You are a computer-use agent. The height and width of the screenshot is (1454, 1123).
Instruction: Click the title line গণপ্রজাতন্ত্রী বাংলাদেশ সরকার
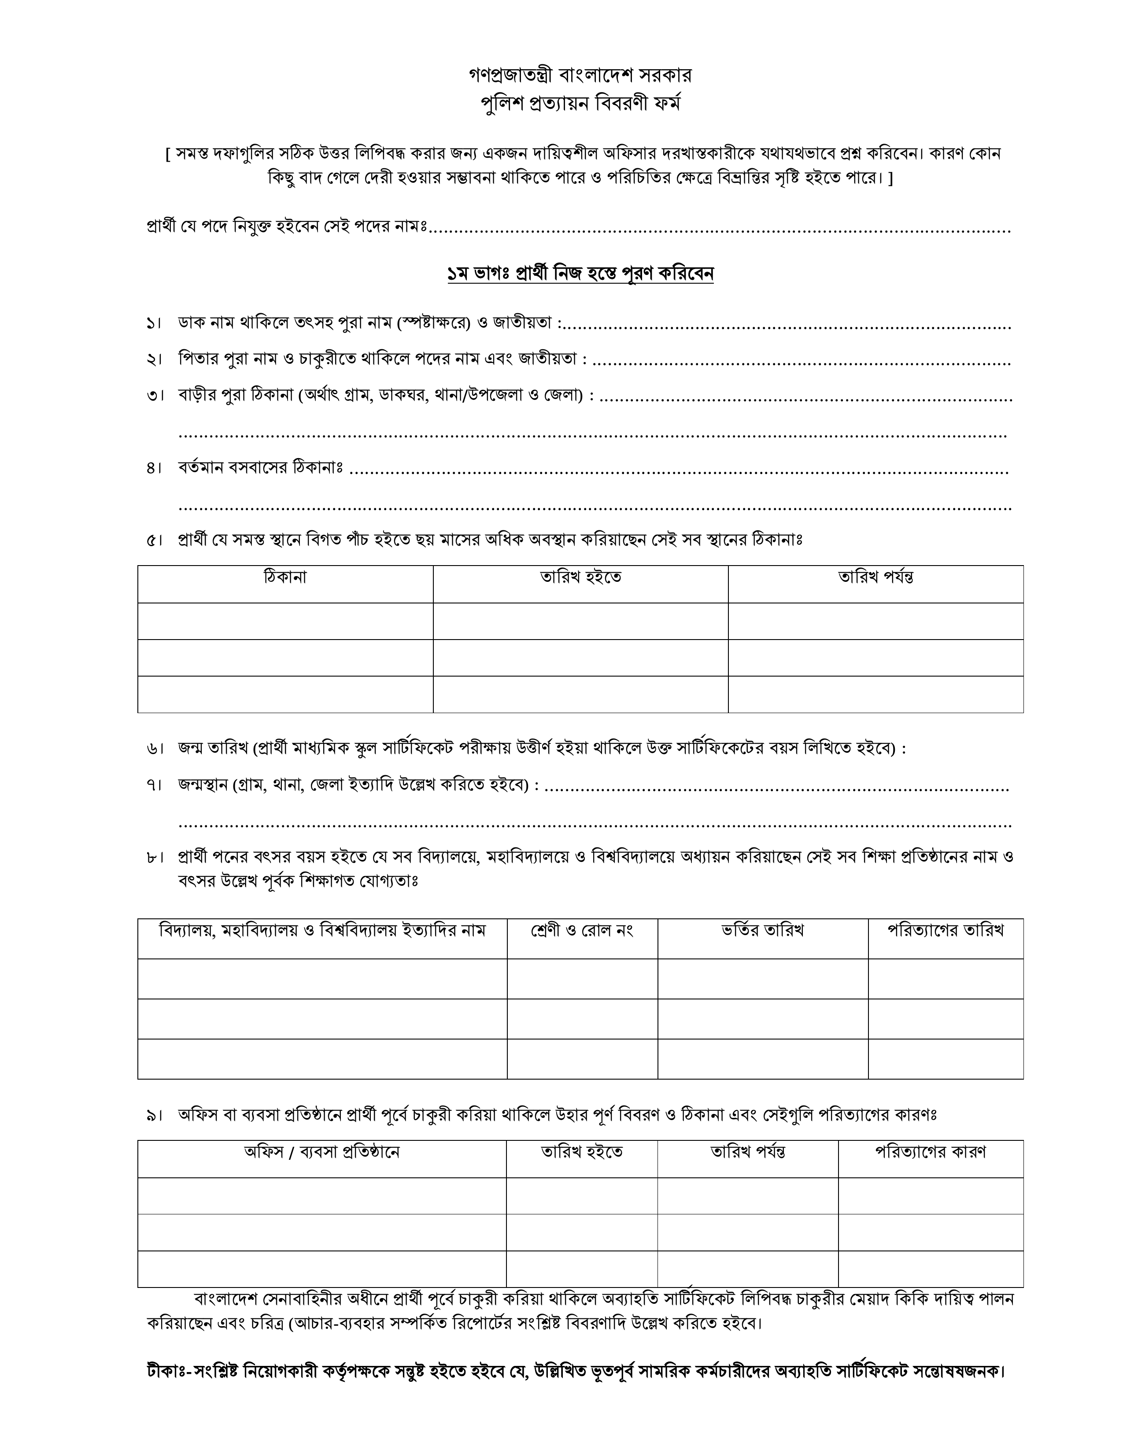click(x=580, y=74)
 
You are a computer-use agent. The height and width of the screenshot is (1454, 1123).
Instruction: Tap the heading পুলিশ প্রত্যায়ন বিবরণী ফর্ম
click(x=580, y=104)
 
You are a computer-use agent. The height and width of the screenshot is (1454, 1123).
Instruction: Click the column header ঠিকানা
click(x=285, y=577)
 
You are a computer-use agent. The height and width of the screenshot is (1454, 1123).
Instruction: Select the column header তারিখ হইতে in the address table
click(x=580, y=577)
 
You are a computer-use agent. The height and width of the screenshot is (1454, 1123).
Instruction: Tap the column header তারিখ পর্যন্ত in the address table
click(x=875, y=577)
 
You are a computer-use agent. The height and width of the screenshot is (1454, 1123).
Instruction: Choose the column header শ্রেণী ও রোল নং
click(x=582, y=931)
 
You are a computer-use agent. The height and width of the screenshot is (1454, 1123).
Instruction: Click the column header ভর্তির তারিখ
click(x=763, y=931)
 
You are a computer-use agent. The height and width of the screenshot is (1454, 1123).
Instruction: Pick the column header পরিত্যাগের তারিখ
click(x=945, y=931)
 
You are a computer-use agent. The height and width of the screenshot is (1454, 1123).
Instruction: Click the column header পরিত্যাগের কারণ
click(x=930, y=1152)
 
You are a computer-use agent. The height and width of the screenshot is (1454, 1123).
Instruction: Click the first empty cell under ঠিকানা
click(x=285, y=621)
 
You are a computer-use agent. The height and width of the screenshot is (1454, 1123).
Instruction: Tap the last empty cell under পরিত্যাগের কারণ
click(x=930, y=1269)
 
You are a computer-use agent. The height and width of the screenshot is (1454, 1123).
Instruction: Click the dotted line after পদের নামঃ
click(x=719, y=229)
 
